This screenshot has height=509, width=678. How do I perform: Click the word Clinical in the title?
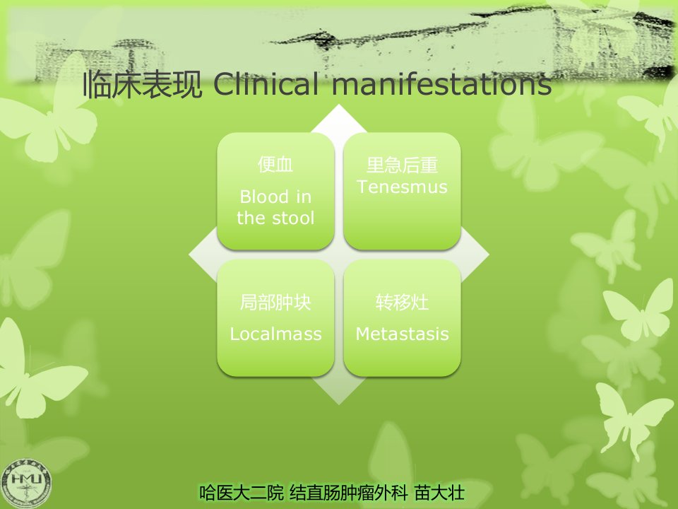click(266, 84)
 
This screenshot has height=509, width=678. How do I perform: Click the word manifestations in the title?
click(441, 84)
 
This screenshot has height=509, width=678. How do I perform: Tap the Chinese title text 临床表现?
click(142, 84)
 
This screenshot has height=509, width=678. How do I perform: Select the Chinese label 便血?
click(275, 165)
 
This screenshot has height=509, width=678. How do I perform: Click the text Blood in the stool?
click(275, 207)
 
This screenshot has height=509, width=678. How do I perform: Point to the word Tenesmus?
click(402, 187)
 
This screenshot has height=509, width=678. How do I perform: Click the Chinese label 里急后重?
click(402, 165)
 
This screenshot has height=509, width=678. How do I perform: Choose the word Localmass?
click(275, 334)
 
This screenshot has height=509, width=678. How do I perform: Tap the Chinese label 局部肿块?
click(275, 303)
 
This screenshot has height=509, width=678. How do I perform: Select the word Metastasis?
click(402, 334)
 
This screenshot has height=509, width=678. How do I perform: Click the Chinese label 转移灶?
click(402, 303)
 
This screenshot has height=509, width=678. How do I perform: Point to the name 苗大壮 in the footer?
click(439, 493)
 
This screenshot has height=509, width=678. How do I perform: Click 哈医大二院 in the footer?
click(242, 493)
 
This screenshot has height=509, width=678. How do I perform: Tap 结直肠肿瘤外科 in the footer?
click(348, 493)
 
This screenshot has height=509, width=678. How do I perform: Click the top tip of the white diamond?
click(339, 105)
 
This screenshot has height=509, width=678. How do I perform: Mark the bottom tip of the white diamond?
click(339, 404)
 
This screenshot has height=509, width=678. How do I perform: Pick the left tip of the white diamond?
click(189, 255)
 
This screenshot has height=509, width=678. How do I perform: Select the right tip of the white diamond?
click(489, 255)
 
